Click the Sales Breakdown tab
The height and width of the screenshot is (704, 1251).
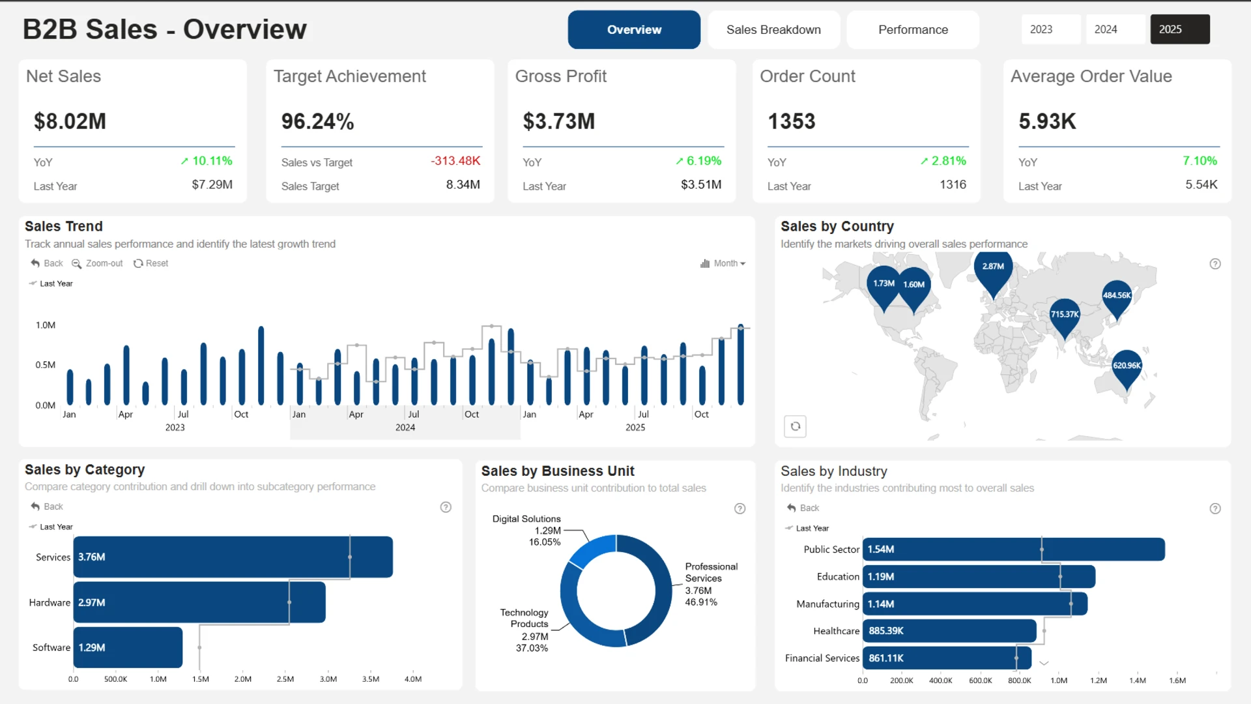773,29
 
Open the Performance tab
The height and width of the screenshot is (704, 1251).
913,29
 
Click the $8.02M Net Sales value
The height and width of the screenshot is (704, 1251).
70,121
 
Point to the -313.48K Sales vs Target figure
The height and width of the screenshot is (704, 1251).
455,161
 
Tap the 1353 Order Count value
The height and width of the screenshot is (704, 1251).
792,121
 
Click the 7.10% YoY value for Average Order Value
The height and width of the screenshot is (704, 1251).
1200,161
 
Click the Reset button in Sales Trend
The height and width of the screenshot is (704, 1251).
151,263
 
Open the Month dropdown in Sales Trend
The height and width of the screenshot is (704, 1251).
723,263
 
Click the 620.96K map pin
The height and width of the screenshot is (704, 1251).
1127,370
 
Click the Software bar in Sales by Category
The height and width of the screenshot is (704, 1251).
128,647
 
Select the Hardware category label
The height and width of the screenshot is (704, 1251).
50,602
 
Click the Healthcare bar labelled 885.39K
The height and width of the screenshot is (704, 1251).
949,631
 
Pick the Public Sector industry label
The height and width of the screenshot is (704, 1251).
831,550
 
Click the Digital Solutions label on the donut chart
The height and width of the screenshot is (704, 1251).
526,519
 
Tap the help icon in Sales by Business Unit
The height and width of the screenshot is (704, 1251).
740,508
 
